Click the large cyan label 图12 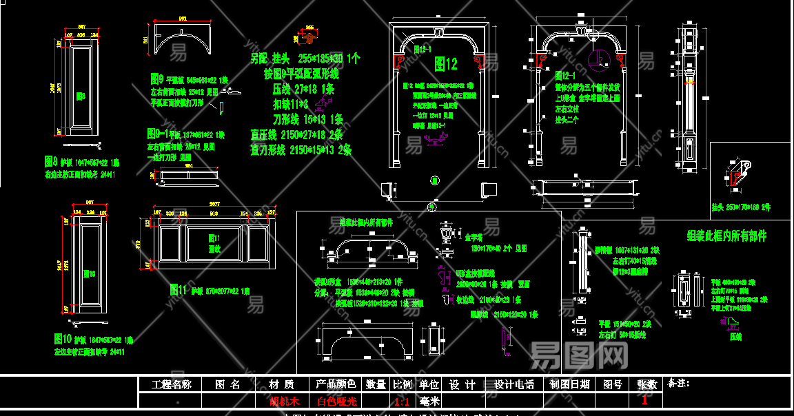pyautogui.click(x=446, y=65)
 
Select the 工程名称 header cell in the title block pyautogui.click(x=166, y=384)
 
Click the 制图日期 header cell pyautogui.click(x=569, y=384)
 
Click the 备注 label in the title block pyautogui.click(x=679, y=383)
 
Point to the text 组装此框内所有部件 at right pyautogui.click(x=726, y=236)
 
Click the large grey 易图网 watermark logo pyautogui.click(x=580, y=355)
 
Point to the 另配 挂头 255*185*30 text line pyautogui.click(x=305, y=59)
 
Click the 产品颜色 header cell pyautogui.click(x=336, y=384)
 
